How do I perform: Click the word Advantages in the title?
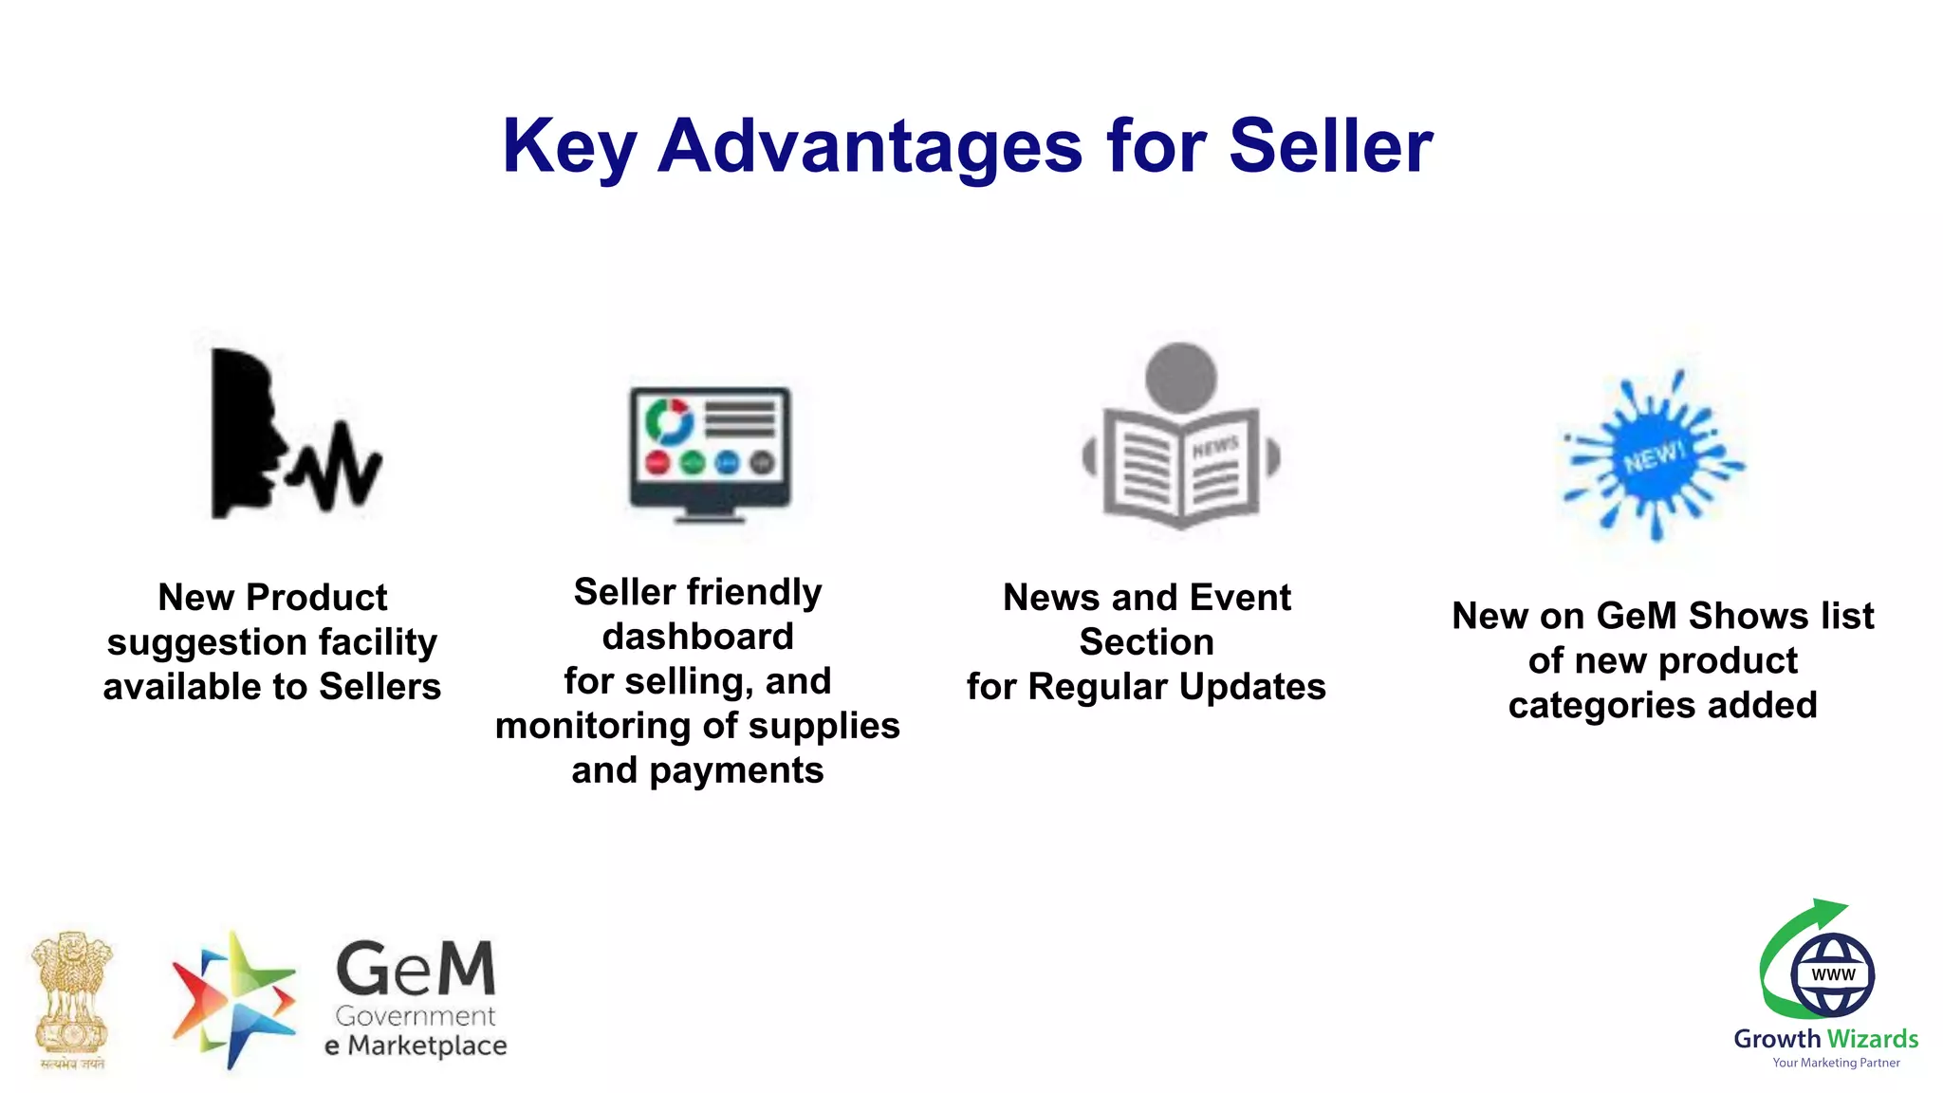tap(869, 147)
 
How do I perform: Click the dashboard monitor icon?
tap(710, 454)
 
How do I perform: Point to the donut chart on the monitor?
tap(669, 419)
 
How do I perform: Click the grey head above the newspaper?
tap(1181, 377)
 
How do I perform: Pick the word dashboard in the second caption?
tap(697, 637)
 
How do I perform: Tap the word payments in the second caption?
tap(736, 770)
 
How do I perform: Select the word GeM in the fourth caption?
tap(1636, 616)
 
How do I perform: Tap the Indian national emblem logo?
tap(72, 998)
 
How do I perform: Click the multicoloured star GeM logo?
tap(231, 1000)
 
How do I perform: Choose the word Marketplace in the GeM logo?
tap(427, 1046)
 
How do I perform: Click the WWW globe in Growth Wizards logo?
tap(1832, 974)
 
